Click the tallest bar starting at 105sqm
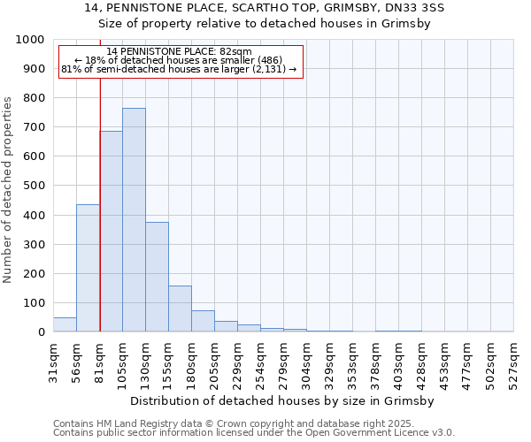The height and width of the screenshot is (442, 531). coord(134,220)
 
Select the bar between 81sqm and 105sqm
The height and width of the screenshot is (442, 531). coord(111,232)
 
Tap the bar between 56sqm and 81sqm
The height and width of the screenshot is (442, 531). coord(88,268)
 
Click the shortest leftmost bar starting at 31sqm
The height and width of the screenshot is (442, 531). coord(65,324)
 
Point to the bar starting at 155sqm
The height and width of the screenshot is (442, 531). coord(180,309)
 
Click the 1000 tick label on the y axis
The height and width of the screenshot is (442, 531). coord(29,40)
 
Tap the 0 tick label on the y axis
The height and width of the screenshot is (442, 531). coord(41,332)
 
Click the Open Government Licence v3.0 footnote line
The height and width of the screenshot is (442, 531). coord(254,433)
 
